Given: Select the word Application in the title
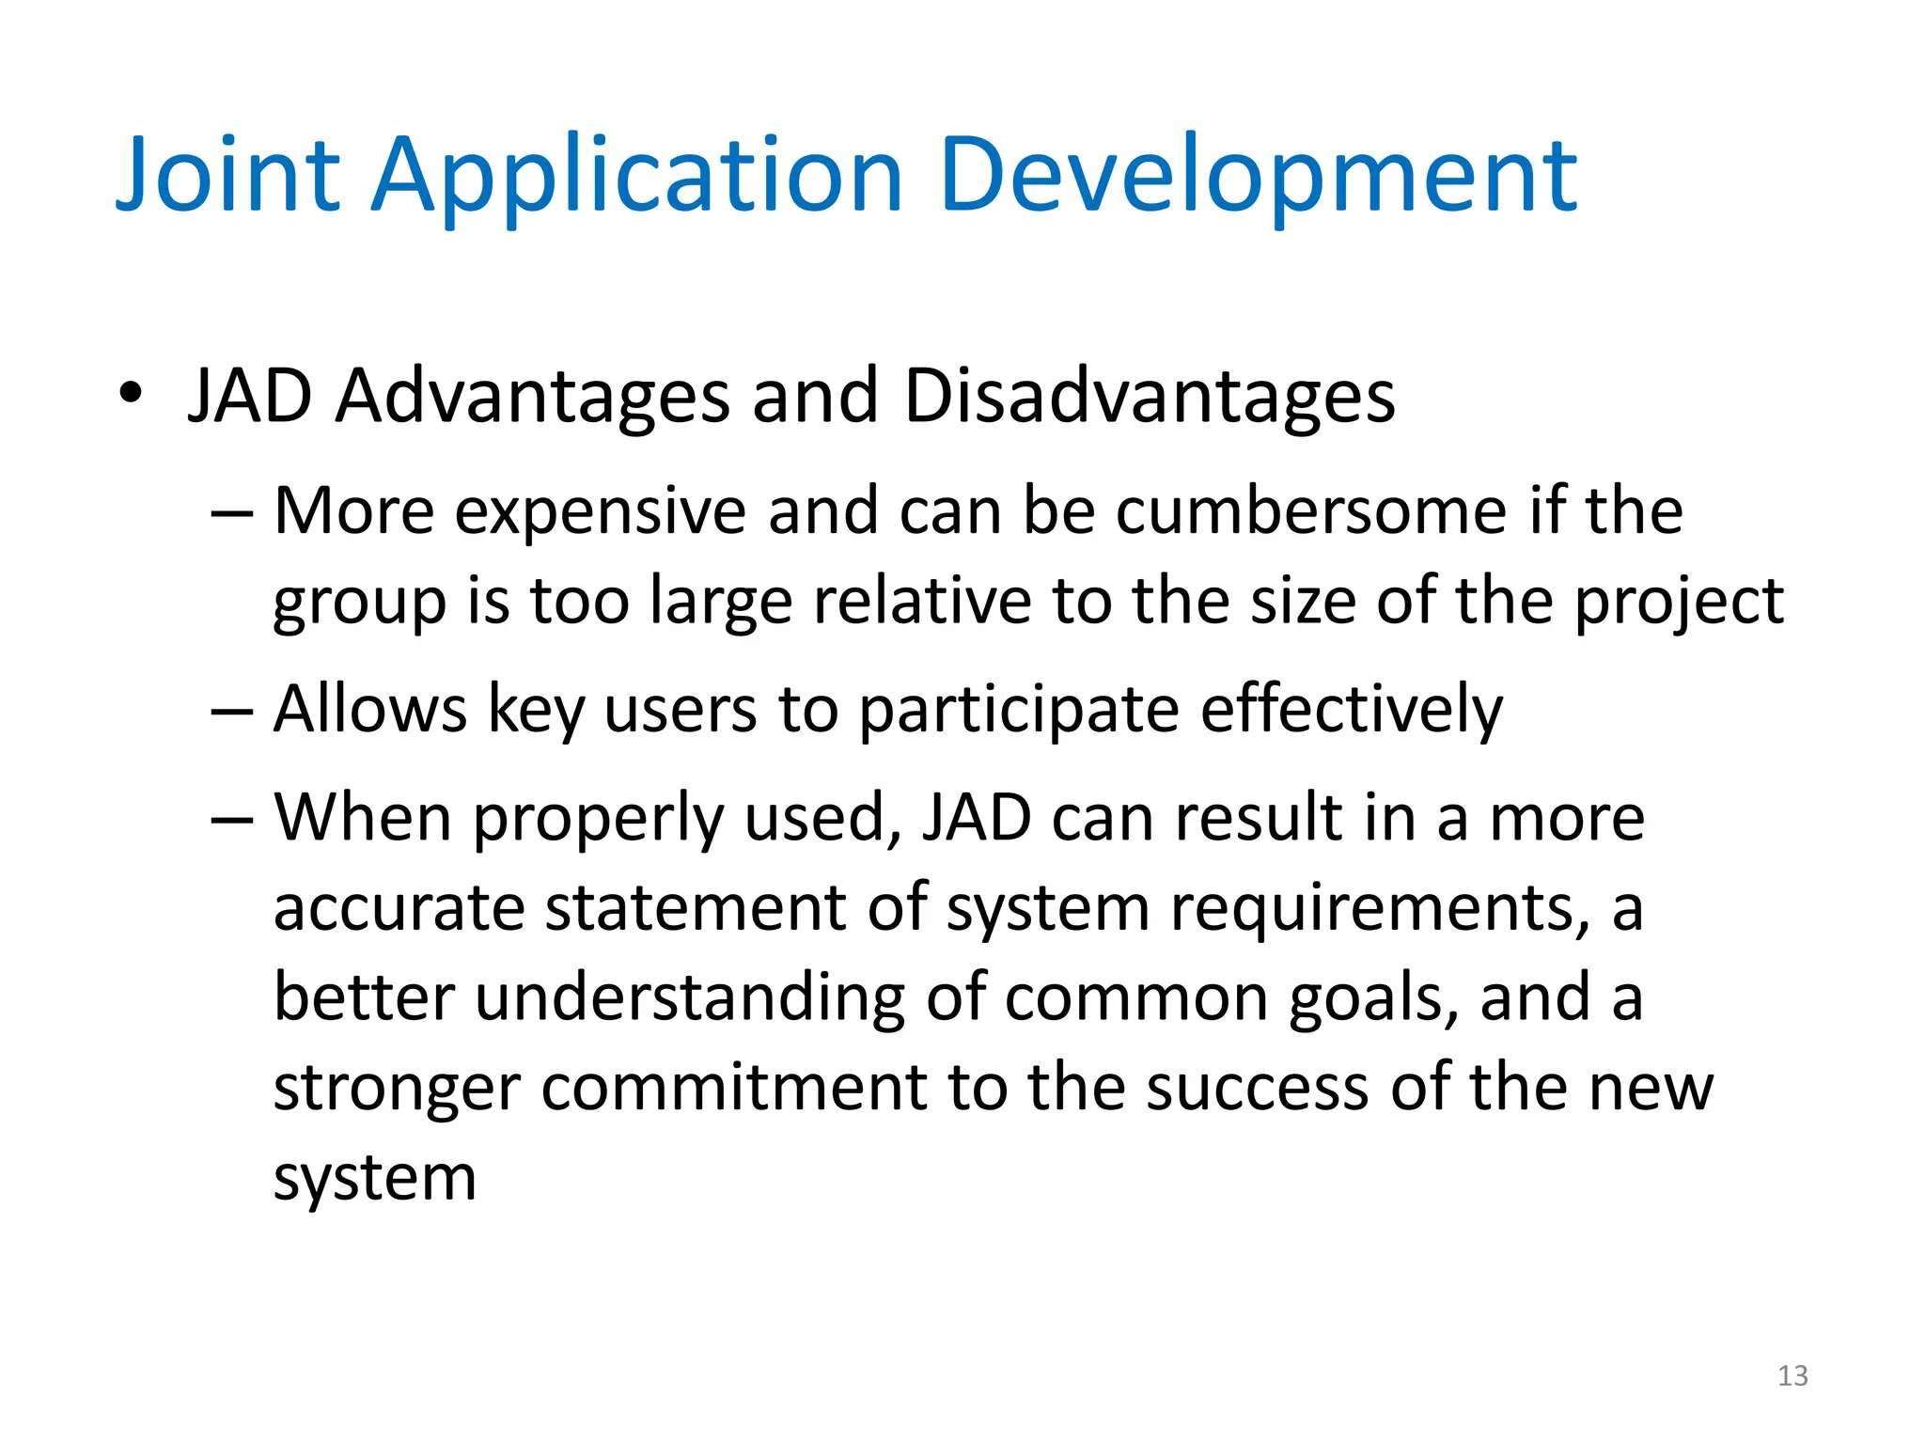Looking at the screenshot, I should pyautogui.click(x=637, y=176).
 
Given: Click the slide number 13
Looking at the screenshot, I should pyautogui.click(x=1792, y=1376).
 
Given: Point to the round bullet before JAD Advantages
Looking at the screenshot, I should pyautogui.click(x=131, y=395).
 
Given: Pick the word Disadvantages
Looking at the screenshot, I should pyautogui.click(x=1149, y=396).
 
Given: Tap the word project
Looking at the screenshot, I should pyautogui.click(x=1679, y=602).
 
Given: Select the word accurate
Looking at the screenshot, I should pyautogui.click(x=399, y=908).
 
